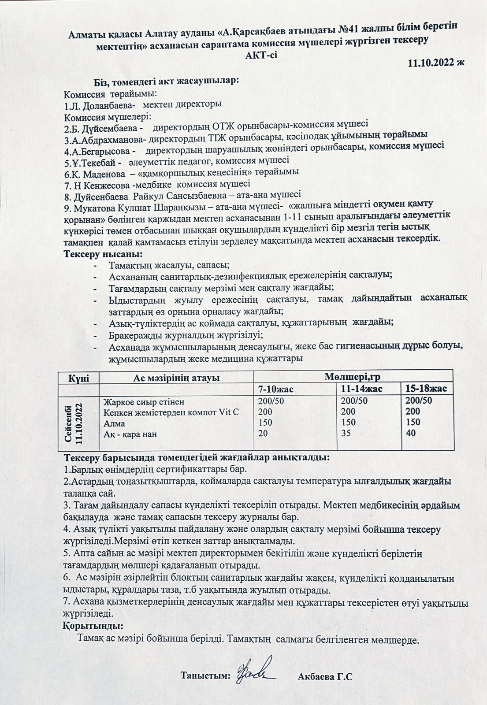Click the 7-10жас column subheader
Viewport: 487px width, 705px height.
[276, 389]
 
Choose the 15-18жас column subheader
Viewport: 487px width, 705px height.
[426, 388]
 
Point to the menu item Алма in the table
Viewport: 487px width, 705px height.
[114, 423]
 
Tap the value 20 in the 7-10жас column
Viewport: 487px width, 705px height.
[262, 434]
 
